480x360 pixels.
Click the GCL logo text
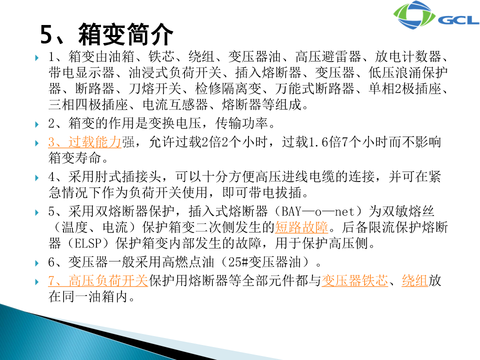(x=458, y=20)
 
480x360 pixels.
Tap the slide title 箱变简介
(x=126, y=34)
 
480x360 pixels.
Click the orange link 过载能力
(x=94, y=142)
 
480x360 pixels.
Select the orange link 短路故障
(x=301, y=227)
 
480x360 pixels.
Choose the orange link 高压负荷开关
(x=108, y=280)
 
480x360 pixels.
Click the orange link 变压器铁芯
(x=355, y=280)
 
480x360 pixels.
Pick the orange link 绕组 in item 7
(x=415, y=280)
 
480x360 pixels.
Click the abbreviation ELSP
(x=88, y=243)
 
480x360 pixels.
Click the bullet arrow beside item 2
(x=37, y=124)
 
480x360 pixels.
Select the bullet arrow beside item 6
(x=37, y=263)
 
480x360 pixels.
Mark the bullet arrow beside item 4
(x=37, y=177)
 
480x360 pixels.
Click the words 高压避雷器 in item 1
(x=328, y=56)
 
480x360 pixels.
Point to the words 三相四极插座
(x=88, y=104)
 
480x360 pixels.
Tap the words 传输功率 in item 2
(x=241, y=123)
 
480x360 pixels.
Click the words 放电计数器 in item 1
(x=408, y=56)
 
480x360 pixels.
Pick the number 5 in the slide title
(x=47, y=34)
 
